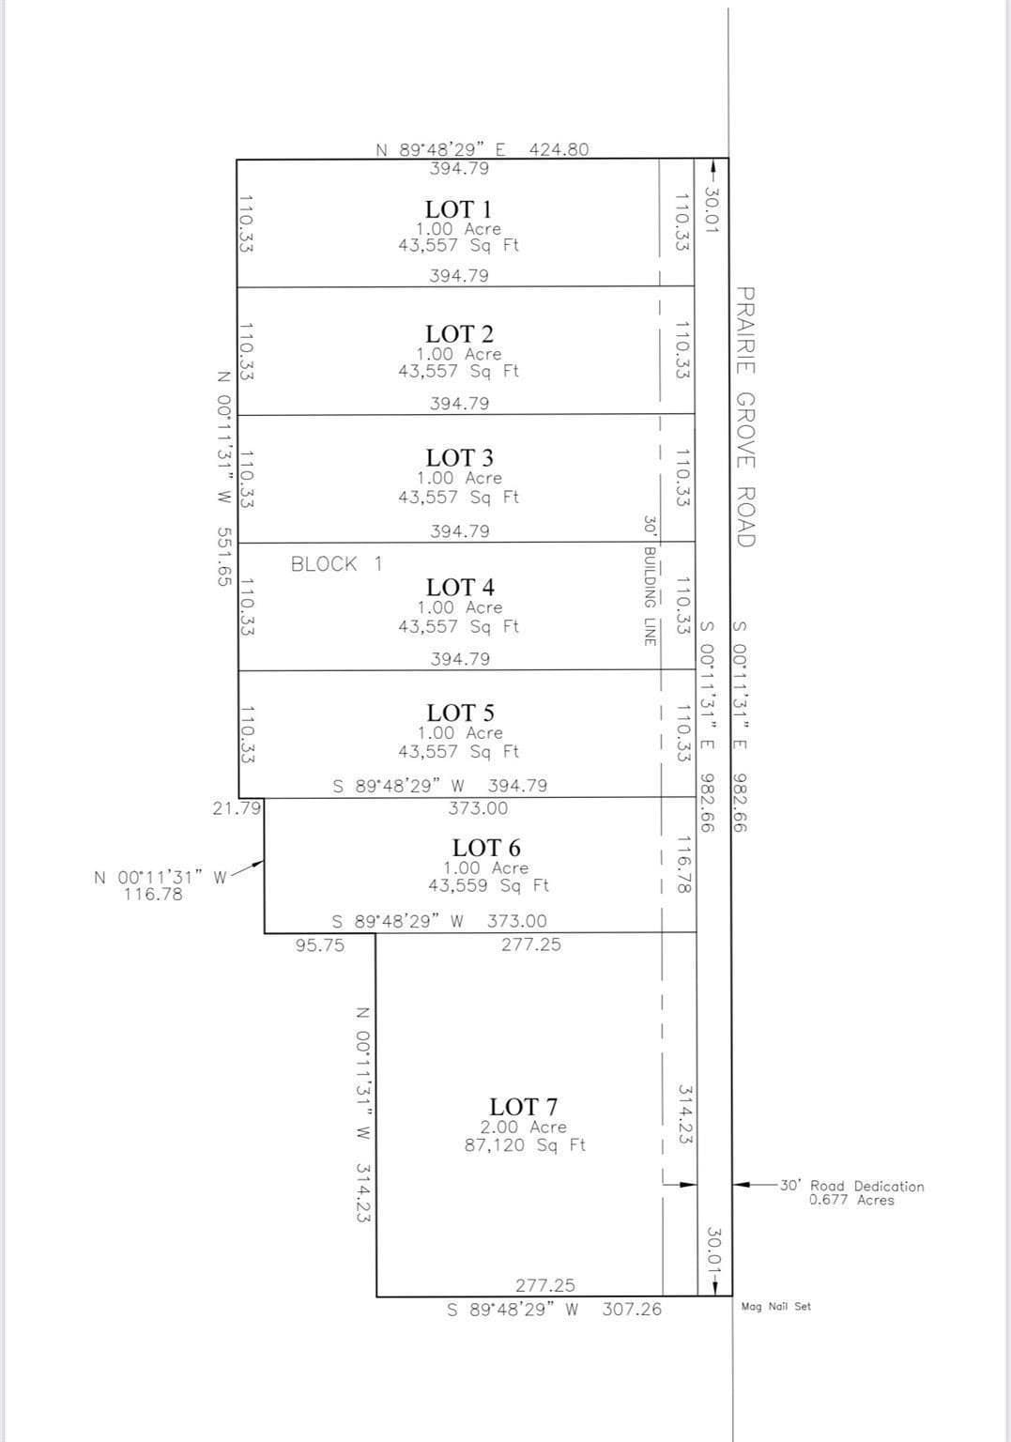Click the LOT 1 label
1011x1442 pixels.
458,209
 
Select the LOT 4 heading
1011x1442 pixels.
460,587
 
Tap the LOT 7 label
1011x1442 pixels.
523,1107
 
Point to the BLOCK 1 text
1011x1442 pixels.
337,564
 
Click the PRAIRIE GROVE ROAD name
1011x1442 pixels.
745,417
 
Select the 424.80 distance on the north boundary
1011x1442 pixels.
559,149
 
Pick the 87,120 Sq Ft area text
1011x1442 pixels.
525,1144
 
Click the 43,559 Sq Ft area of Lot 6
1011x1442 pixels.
488,885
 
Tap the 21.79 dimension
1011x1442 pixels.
237,808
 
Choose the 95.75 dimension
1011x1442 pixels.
320,945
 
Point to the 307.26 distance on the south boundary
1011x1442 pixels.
632,1309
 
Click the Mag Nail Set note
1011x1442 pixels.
776,1306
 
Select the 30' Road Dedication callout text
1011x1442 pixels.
852,1185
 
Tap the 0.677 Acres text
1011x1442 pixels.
851,1200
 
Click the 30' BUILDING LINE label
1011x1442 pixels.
650,580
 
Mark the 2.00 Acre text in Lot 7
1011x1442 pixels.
523,1127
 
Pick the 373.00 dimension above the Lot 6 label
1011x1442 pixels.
478,808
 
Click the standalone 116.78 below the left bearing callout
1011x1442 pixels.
153,894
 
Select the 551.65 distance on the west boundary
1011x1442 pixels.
223,557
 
